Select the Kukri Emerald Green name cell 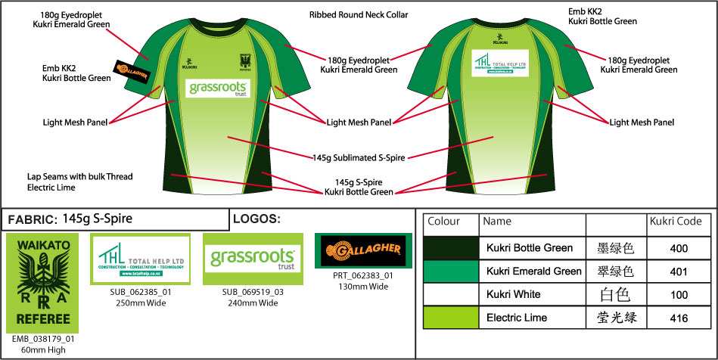[x=534, y=271]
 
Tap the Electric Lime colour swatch [x=451, y=318]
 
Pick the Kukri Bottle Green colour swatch [x=451, y=247]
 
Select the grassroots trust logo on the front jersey [x=216, y=89]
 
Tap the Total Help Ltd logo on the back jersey [x=499, y=64]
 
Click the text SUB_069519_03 [x=253, y=292]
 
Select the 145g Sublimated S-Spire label [x=359, y=158]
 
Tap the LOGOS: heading [x=256, y=219]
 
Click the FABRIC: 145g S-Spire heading [x=70, y=219]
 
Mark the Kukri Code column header [x=673, y=222]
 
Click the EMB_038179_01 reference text [x=42, y=340]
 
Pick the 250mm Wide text [x=140, y=303]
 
